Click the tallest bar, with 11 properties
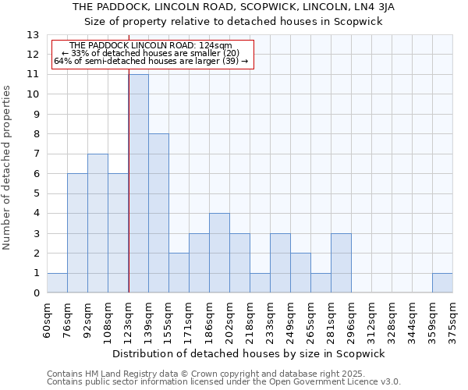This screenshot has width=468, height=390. tap(138, 183)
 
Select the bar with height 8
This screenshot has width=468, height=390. tap(158, 213)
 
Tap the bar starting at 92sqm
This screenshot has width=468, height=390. tap(97, 223)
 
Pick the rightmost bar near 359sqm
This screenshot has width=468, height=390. tap(442, 283)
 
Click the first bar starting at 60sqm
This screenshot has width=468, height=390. tap(57, 283)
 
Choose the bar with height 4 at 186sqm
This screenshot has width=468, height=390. tap(219, 253)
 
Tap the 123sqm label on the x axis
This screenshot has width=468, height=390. tap(129, 317)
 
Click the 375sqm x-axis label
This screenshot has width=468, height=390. tap(453, 317)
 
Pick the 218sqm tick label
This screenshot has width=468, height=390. tap(250, 317)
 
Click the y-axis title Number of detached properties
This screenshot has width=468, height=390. tap(8, 168)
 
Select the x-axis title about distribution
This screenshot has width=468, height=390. tap(254, 353)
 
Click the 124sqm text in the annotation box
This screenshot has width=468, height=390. tap(215, 46)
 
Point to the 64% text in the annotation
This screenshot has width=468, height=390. tap(62, 61)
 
